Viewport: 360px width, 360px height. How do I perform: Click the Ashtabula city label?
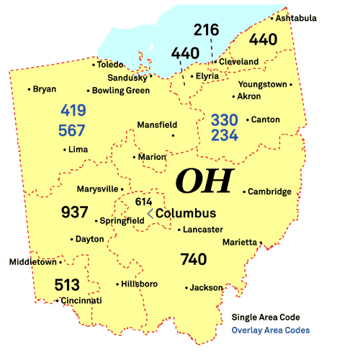[x=297, y=18]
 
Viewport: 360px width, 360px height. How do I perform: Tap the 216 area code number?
[x=206, y=30]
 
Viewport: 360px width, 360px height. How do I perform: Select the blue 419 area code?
[x=73, y=112]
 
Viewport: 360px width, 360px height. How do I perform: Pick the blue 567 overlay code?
[x=73, y=130]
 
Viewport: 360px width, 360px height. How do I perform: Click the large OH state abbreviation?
[x=204, y=181]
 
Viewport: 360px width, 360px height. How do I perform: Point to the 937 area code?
[x=75, y=212]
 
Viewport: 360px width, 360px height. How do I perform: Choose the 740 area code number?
[x=194, y=259]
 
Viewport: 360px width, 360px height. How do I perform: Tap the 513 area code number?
[x=67, y=285]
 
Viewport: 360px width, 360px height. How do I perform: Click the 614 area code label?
[x=144, y=202]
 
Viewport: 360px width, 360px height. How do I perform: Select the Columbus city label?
[x=186, y=214]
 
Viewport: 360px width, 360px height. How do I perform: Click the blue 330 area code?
[x=224, y=119]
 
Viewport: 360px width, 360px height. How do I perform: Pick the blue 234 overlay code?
[x=224, y=135]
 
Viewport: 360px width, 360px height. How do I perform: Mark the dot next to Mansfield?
[x=174, y=135]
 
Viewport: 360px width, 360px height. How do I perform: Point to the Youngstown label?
[x=262, y=84]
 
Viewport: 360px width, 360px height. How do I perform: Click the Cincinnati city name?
[x=81, y=300]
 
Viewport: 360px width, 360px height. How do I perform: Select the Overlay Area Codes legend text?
[x=271, y=330]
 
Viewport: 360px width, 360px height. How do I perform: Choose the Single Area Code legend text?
[x=266, y=317]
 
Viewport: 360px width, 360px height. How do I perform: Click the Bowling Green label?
[x=120, y=91]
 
